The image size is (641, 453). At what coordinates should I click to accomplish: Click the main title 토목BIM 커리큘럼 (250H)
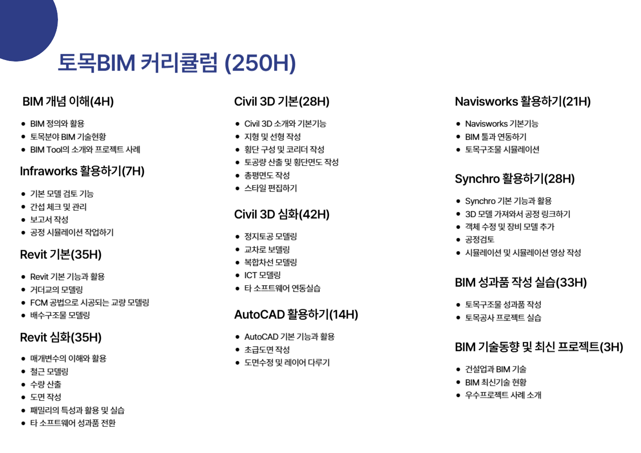coord(177,63)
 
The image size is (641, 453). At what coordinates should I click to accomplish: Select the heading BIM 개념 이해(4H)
coord(68,102)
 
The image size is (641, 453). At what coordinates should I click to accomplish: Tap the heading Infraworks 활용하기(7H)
coord(82,171)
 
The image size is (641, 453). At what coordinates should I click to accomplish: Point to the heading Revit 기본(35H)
coord(61,255)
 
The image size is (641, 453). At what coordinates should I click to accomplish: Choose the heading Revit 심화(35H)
coord(61,338)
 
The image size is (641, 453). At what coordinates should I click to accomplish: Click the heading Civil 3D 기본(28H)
coord(282,102)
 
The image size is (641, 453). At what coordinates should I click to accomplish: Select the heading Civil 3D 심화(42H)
coord(282,215)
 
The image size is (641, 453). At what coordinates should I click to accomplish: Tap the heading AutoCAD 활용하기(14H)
coord(296,315)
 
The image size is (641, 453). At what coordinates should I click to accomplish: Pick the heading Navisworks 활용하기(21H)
coord(523,102)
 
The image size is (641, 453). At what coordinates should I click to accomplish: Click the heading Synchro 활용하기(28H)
coord(515,179)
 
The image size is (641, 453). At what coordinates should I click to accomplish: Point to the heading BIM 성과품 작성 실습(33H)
coord(521,283)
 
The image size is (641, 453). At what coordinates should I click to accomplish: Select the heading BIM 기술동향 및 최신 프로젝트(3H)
coord(539,347)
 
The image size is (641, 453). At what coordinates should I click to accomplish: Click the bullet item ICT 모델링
coord(263,275)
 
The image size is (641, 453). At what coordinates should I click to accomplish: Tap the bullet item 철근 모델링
coord(49,372)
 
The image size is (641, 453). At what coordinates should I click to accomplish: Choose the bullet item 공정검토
coord(480,239)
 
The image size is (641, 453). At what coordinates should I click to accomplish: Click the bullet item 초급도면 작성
coord(267,349)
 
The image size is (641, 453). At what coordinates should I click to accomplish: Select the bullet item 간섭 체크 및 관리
coord(59,207)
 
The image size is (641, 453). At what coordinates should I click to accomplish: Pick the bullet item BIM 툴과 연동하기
coord(496,137)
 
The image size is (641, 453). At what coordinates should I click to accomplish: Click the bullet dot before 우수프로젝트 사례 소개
coord(458,396)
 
